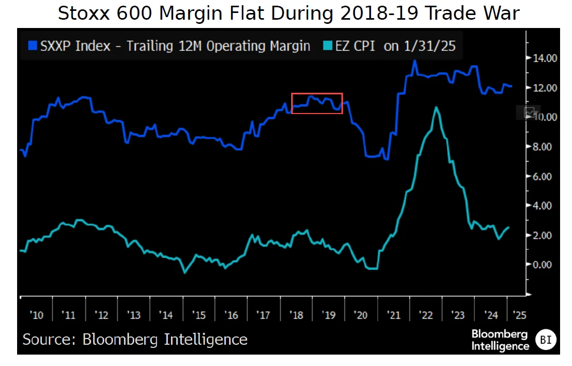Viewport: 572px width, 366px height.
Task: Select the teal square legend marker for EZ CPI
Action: click(x=326, y=46)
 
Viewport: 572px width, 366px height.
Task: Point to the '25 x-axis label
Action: click(x=518, y=315)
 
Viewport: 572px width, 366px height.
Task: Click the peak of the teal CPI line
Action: click(x=437, y=107)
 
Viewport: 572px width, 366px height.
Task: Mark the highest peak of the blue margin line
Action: click(x=414, y=61)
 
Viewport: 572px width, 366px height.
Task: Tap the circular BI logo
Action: click(x=545, y=340)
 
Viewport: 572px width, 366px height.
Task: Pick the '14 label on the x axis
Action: click(x=167, y=315)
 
